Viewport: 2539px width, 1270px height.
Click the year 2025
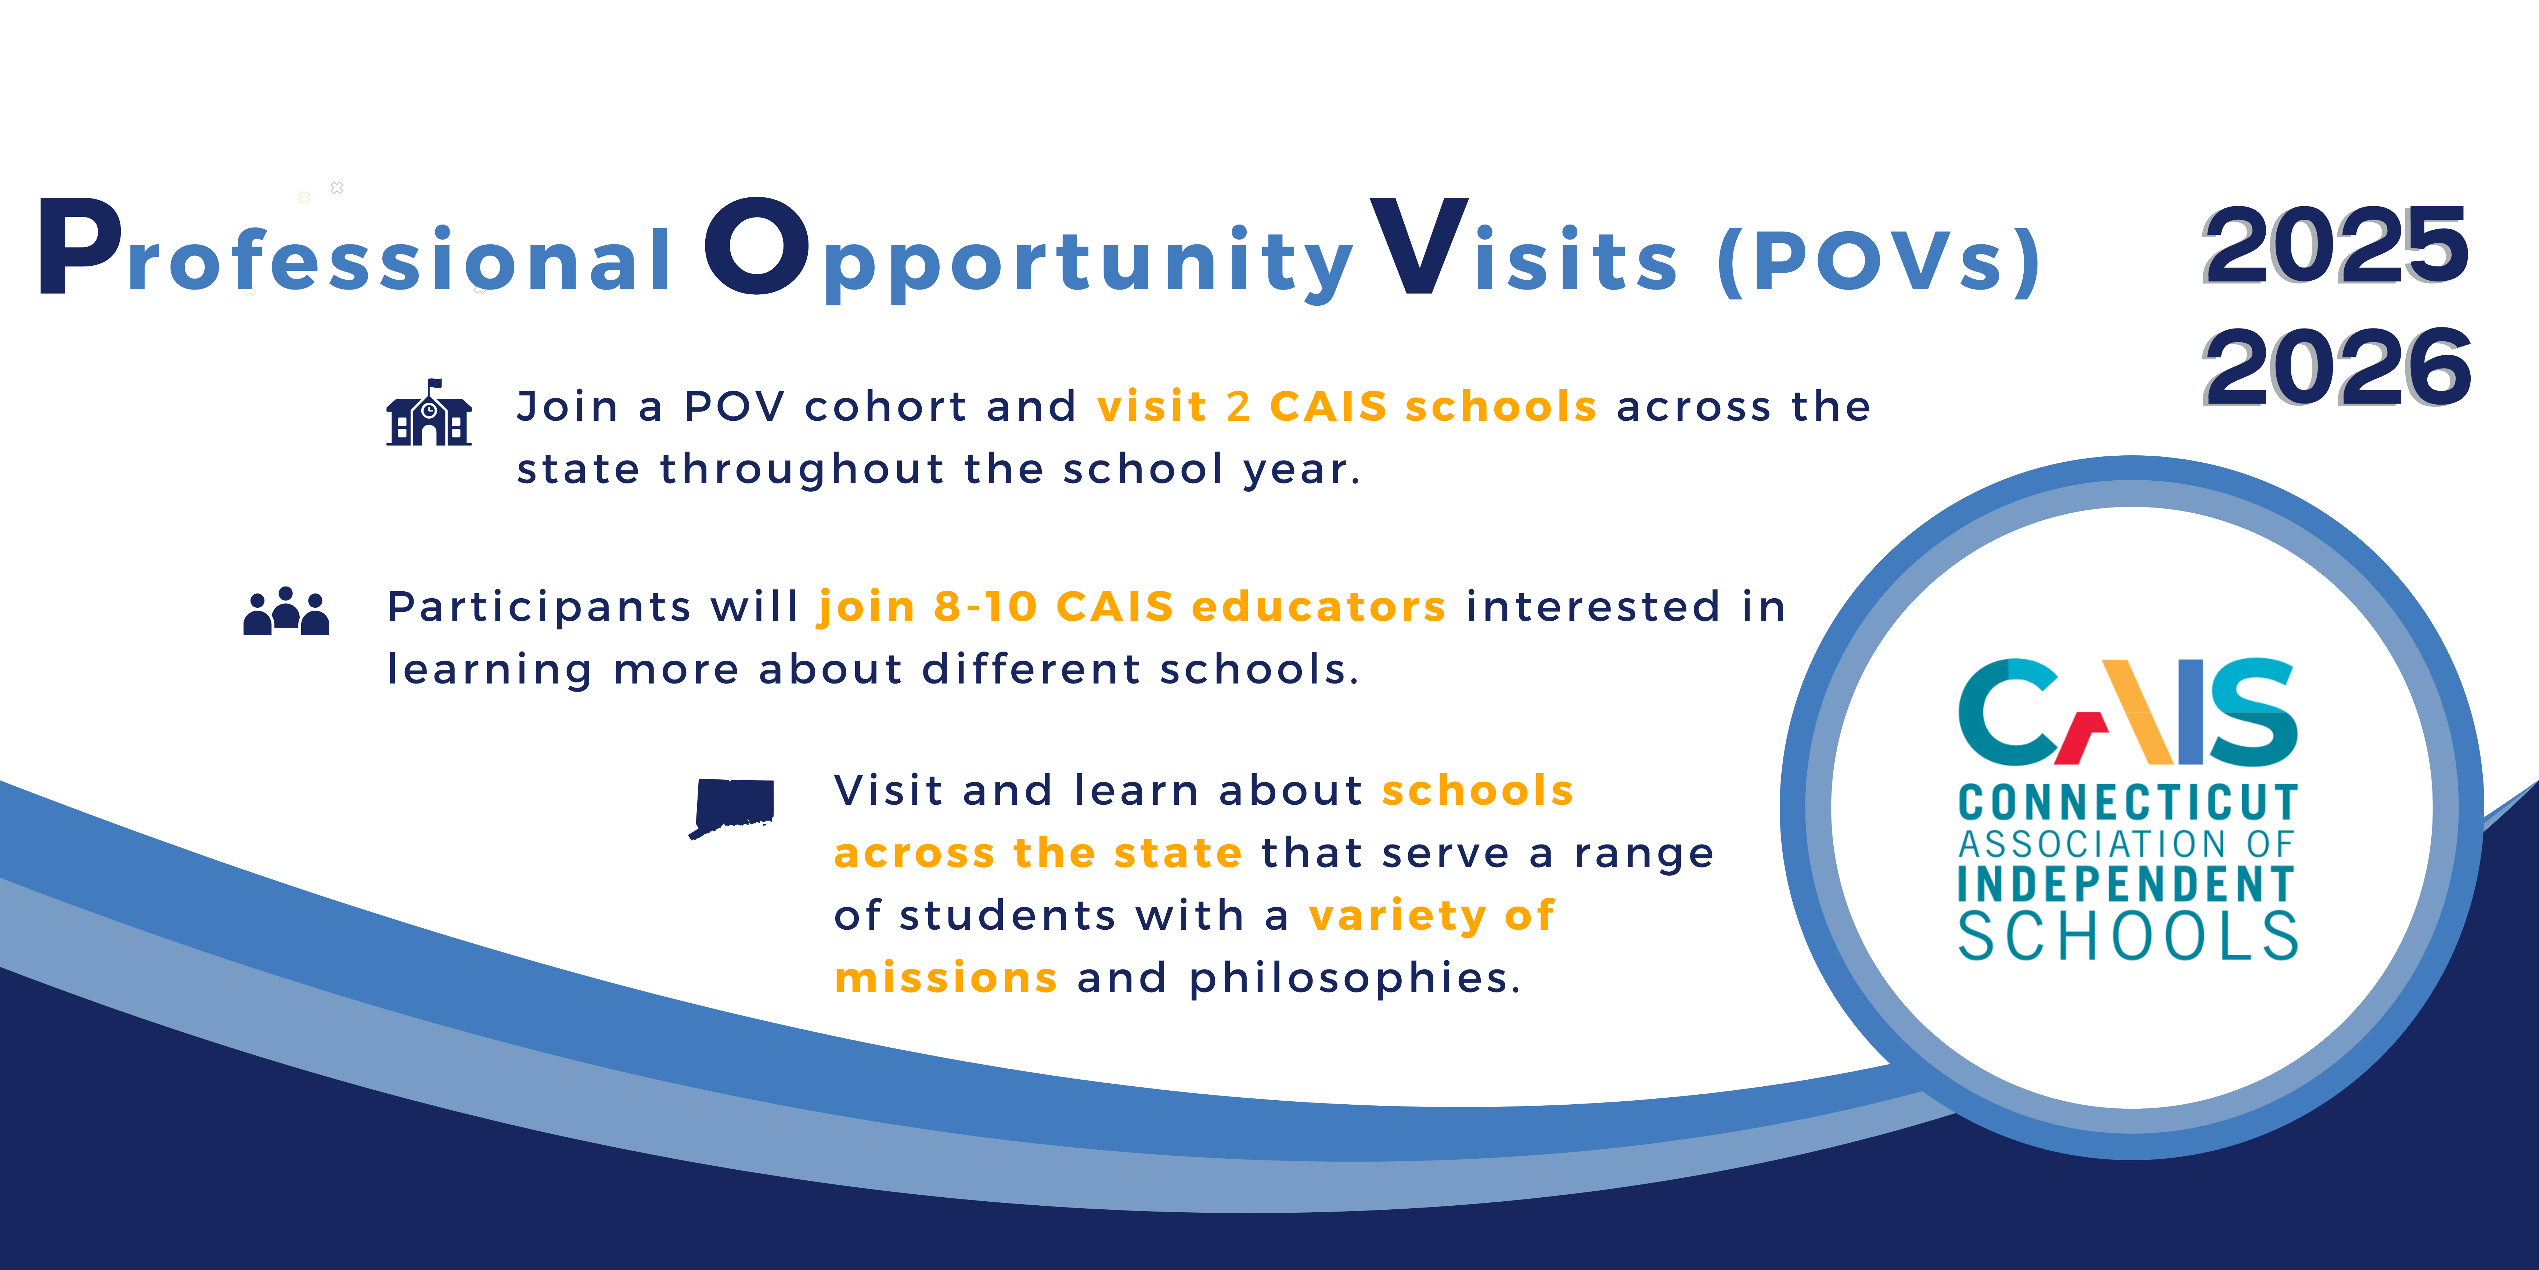(x=2336, y=244)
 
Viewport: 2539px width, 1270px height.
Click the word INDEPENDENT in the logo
(x=2126, y=885)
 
